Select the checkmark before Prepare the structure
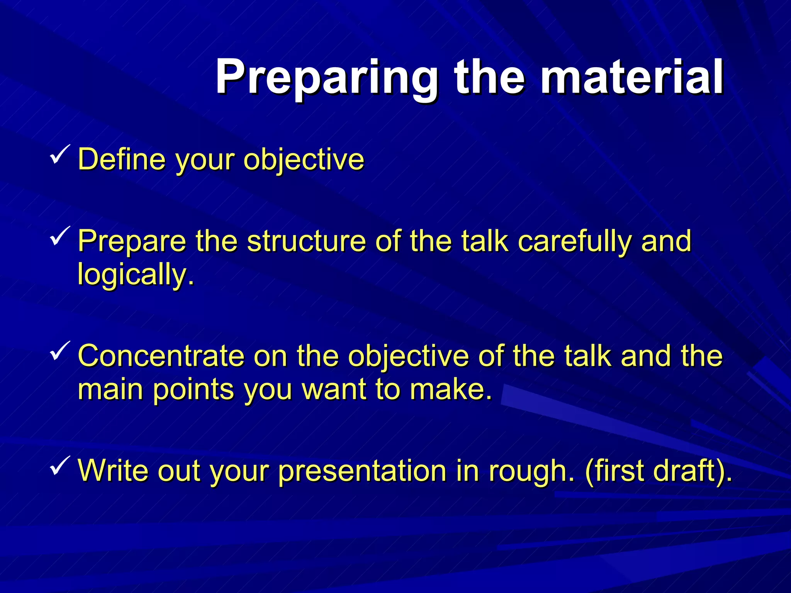click(60, 236)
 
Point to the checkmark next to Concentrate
click(60, 351)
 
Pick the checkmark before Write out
click(60, 465)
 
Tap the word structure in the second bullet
click(306, 241)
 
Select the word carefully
click(574, 241)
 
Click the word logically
click(135, 274)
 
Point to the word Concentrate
click(161, 356)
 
